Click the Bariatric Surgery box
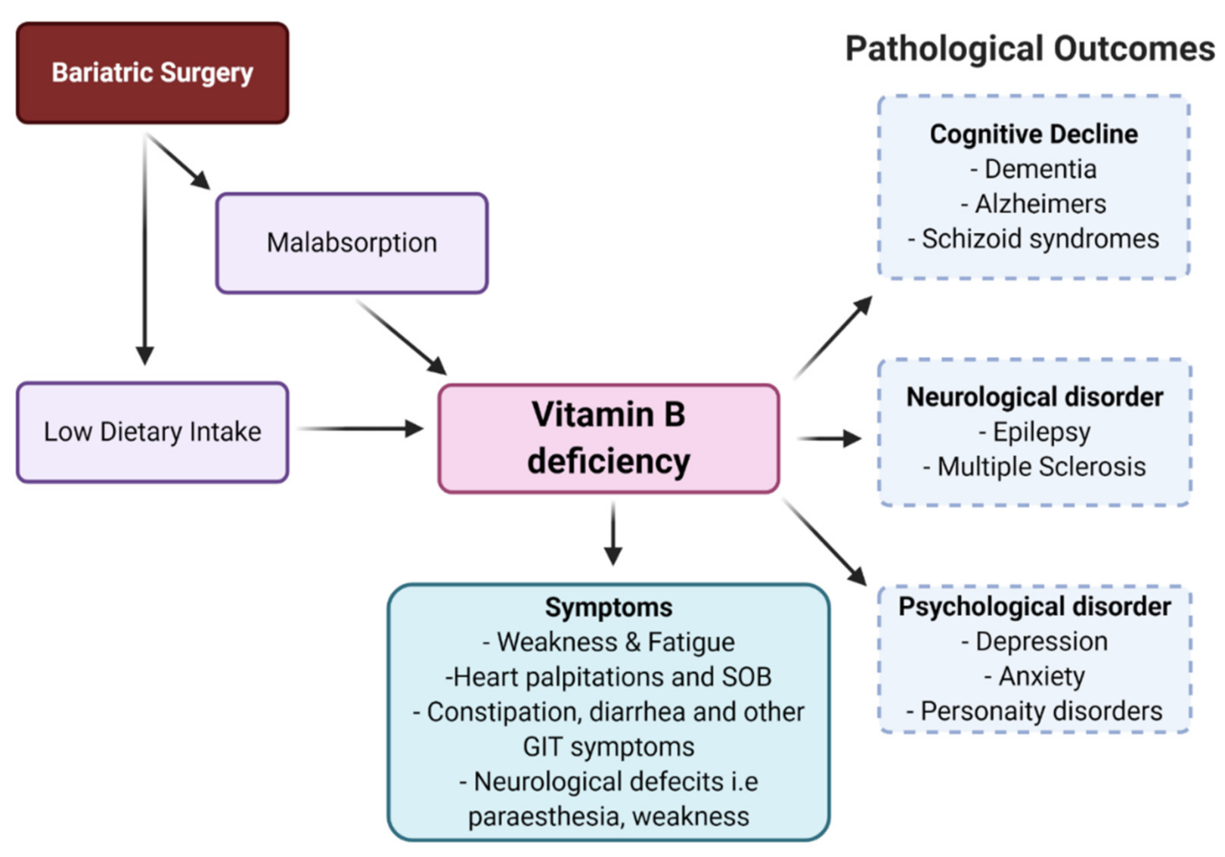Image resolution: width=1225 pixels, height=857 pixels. pyautogui.click(x=152, y=73)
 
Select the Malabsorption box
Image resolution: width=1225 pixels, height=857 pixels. pyautogui.click(x=352, y=243)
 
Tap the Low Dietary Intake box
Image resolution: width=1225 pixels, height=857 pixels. pyautogui.click(x=152, y=432)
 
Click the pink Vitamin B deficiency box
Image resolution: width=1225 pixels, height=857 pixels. pyautogui.click(x=609, y=438)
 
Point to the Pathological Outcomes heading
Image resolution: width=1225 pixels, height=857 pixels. pyautogui.click(x=1029, y=49)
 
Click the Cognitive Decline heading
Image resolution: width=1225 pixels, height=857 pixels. pyautogui.click(x=1033, y=134)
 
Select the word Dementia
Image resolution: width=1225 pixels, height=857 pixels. pyautogui.click(x=1040, y=169)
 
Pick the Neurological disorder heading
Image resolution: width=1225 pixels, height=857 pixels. pyautogui.click(x=1034, y=397)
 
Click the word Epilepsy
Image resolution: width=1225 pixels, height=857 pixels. pyautogui.click(x=1041, y=432)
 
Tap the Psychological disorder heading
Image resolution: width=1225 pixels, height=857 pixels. pyautogui.click(x=1034, y=607)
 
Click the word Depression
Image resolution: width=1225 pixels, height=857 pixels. pyautogui.click(x=1041, y=641)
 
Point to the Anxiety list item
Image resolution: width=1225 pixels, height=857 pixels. pyautogui.click(x=1041, y=676)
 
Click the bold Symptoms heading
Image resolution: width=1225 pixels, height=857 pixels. pyautogui.click(x=609, y=607)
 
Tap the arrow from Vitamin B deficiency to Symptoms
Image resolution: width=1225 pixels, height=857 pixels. pyautogui.click(x=613, y=533)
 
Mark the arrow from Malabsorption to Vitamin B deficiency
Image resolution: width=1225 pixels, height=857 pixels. pyautogui.click(x=401, y=337)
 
